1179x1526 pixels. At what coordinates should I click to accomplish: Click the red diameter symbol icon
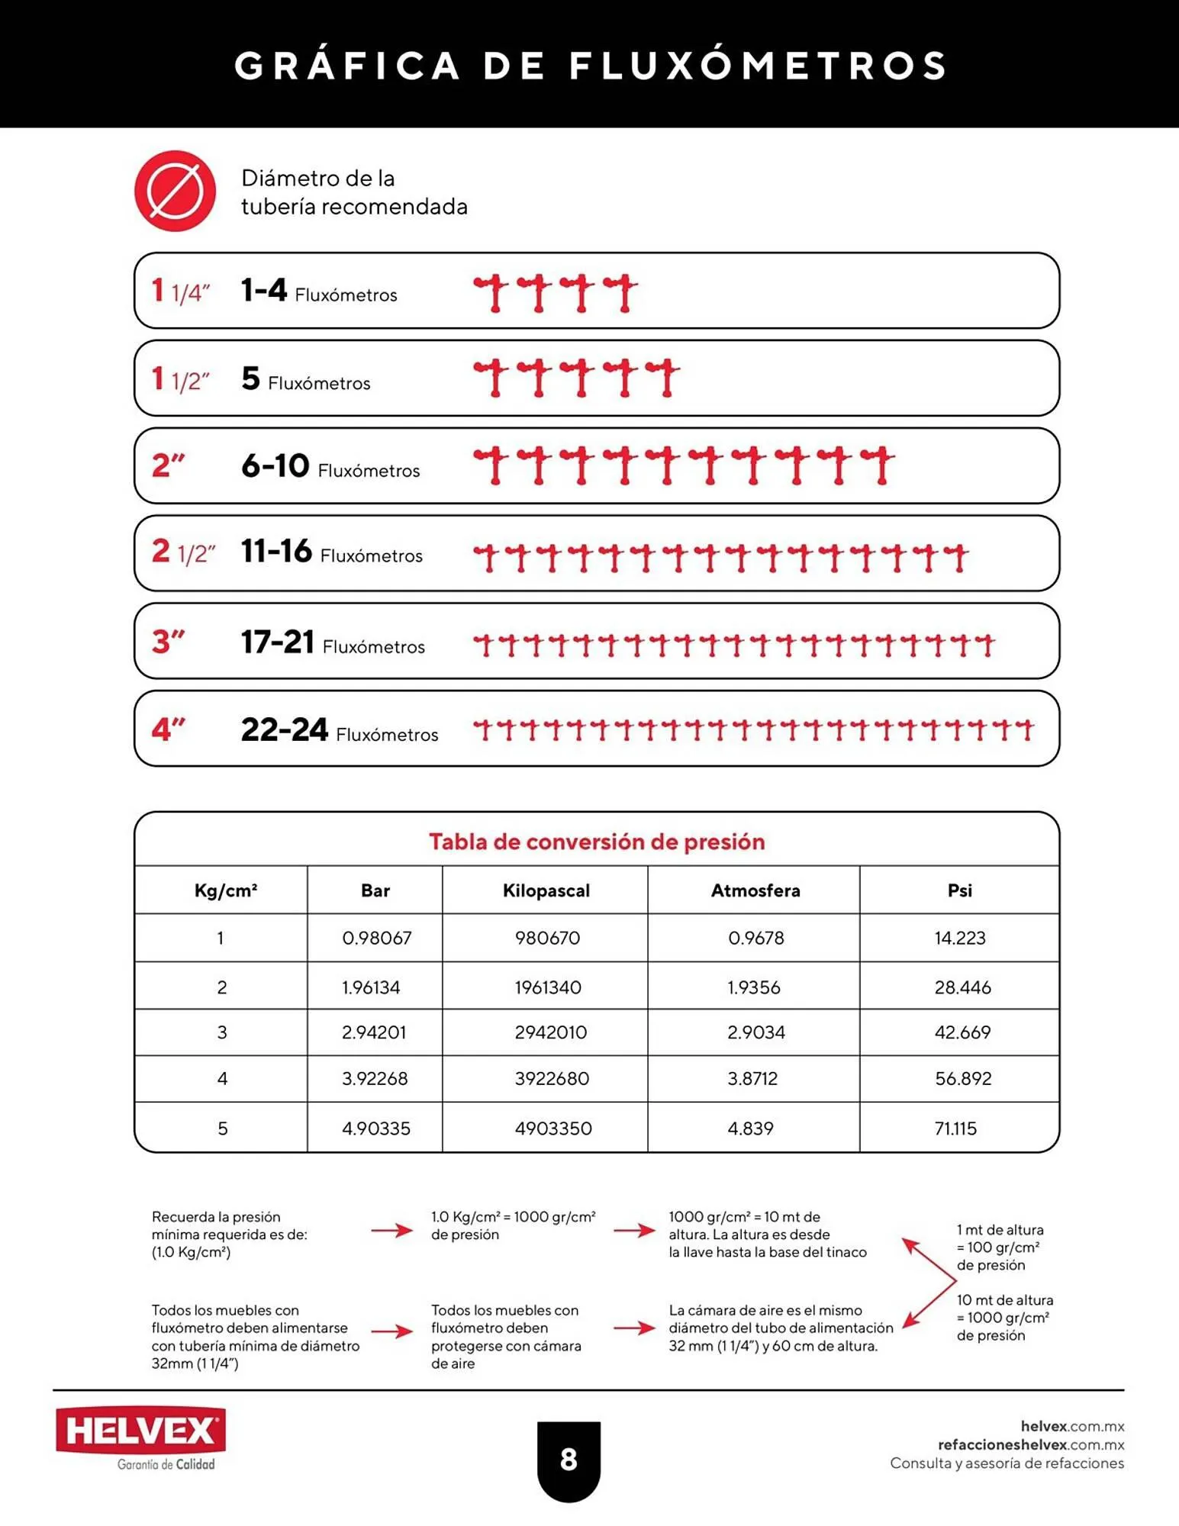coord(175,191)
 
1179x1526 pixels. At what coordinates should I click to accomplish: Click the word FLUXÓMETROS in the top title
coord(759,65)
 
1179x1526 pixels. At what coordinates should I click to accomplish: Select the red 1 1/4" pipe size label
coord(181,291)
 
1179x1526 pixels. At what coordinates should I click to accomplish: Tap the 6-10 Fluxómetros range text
coord(330,466)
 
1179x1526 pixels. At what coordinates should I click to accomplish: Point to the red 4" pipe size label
coord(169,729)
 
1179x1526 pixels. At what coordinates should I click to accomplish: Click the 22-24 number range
coord(285,730)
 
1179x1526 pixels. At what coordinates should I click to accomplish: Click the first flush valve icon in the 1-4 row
coord(491,292)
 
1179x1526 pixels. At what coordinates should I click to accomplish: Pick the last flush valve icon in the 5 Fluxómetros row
coord(663,377)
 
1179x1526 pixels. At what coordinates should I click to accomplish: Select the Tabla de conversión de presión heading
coord(597,842)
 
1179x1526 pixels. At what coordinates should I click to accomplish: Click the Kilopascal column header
coord(546,890)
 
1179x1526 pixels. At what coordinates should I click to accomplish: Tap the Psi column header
coord(959,890)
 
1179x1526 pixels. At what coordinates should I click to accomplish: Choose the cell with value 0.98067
coord(376,938)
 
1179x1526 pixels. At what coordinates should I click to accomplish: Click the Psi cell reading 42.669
coord(962,1032)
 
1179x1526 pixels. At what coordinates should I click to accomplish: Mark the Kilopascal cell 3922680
coord(551,1079)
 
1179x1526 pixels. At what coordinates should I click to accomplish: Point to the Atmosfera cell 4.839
coord(750,1128)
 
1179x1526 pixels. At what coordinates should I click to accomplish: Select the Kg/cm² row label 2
coord(221,987)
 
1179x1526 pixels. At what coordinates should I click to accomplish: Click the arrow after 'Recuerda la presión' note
coord(391,1230)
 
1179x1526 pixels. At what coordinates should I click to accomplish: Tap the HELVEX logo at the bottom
coord(140,1431)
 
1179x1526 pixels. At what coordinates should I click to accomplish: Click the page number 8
coord(569,1460)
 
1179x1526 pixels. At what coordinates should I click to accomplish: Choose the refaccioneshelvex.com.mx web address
coord(1031,1444)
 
